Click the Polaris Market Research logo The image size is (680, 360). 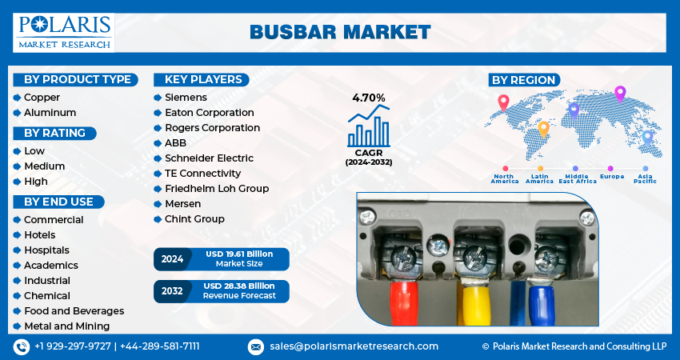pyautogui.click(x=64, y=32)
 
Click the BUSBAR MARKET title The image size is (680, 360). pyautogui.click(x=340, y=32)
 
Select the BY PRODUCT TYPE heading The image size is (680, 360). pyautogui.click(x=77, y=79)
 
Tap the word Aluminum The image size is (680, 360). pyautogui.click(x=50, y=113)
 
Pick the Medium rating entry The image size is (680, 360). pyautogui.click(x=45, y=166)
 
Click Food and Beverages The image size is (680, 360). pyautogui.click(x=74, y=311)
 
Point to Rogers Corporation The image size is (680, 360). pyautogui.click(x=212, y=128)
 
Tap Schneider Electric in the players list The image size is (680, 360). pyautogui.click(x=209, y=158)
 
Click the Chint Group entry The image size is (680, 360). pyautogui.click(x=194, y=219)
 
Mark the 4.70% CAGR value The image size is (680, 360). pyautogui.click(x=369, y=98)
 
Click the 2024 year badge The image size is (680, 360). pyautogui.click(x=172, y=259)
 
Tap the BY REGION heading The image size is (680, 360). pyautogui.click(x=524, y=80)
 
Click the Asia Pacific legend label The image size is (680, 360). pyautogui.click(x=645, y=178)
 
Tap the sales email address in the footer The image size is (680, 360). pyautogui.click(x=353, y=346)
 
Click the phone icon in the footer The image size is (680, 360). pyautogui.click(x=21, y=346)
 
